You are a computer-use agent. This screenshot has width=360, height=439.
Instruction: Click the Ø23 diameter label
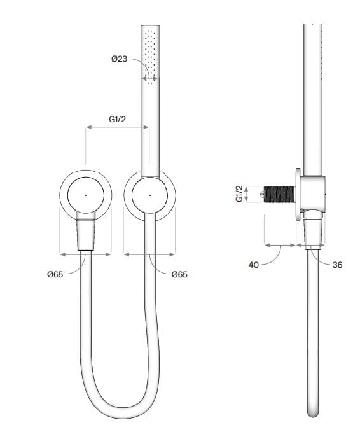[x=120, y=59]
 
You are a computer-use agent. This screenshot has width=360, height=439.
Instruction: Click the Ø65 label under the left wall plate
[x=56, y=274]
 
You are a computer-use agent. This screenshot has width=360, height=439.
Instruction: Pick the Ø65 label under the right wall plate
[x=179, y=274]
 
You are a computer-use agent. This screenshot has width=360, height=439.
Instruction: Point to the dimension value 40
[x=253, y=265]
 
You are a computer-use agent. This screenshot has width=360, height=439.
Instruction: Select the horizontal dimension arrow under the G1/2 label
[x=118, y=128]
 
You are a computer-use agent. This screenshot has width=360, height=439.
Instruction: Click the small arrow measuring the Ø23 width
[x=150, y=80]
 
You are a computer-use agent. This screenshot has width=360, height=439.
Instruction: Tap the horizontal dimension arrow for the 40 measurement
[x=280, y=244]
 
